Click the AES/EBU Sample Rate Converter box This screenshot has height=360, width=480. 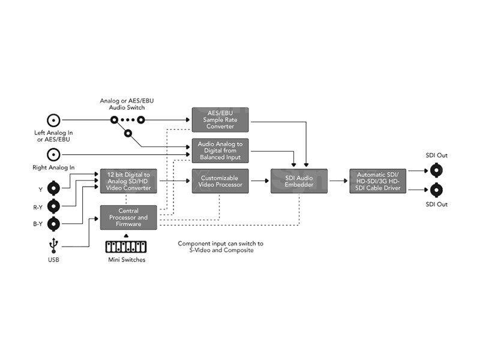[220, 119]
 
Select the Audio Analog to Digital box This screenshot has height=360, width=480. [220, 150]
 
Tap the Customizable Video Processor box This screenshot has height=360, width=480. [220, 181]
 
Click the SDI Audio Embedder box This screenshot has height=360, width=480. [298, 181]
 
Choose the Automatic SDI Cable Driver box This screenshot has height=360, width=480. [379, 181]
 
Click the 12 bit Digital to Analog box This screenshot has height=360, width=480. [128, 181]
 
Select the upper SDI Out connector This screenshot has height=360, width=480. [436, 170]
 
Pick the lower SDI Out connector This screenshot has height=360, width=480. [436, 191]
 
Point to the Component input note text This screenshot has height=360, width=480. [220, 247]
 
